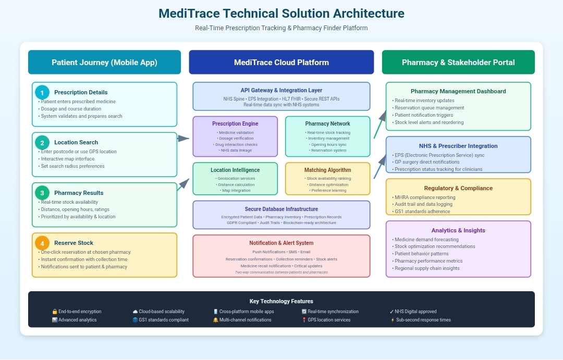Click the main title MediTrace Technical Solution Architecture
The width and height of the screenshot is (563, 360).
[281, 13]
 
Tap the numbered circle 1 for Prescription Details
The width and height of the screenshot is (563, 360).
[42, 92]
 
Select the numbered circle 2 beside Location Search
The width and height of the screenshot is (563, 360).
[42, 142]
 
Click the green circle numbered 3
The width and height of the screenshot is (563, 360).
[42, 193]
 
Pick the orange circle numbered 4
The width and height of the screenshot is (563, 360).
[42, 243]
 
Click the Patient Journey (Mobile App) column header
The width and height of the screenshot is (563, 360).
[104, 63]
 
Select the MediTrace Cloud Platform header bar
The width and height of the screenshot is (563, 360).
[281, 63]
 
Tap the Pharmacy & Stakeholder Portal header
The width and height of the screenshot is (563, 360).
[458, 63]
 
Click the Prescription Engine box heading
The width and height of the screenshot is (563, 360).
[235, 124]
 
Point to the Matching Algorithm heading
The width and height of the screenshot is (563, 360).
[327, 170]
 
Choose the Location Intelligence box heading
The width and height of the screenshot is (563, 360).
[235, 170]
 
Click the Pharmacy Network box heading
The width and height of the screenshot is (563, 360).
[327, 124]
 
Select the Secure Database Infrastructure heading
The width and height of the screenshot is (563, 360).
[281, 209]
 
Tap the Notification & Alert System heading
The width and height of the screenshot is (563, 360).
[281, 243]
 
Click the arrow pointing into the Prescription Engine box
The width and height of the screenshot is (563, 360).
[183, 138]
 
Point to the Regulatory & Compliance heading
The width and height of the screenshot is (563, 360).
[458, 188]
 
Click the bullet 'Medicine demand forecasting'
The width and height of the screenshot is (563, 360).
[422, 239]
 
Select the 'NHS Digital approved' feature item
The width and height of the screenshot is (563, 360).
[416, 312]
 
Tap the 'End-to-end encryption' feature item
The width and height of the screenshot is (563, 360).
[80, 312]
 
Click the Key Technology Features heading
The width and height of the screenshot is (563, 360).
[281, 301]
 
